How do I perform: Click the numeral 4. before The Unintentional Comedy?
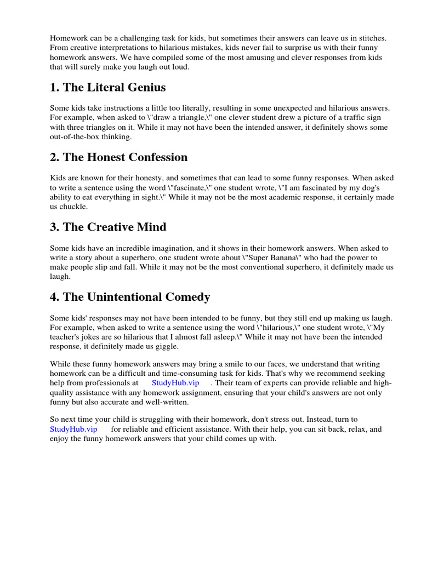[54, 297]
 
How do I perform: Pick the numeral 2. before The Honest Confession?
[54, 157]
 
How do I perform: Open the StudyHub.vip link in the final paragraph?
[73, 429]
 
